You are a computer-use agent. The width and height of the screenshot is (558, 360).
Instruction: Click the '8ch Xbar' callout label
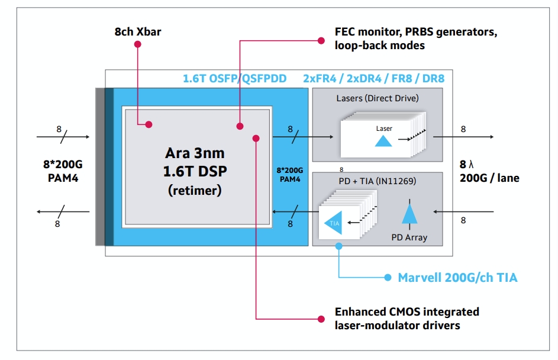coord(138,31)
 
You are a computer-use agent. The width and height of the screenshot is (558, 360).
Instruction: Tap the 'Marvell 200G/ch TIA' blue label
coord(457,277)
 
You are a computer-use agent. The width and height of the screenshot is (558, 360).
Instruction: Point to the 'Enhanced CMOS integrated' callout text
coord(407,311)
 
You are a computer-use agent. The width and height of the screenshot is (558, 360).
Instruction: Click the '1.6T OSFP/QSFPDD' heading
coord(234,78)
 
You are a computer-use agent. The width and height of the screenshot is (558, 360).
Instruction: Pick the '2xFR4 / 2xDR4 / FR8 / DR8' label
coord(373,78)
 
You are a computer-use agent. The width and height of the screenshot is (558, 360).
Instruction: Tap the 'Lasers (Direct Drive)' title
coord(377,98)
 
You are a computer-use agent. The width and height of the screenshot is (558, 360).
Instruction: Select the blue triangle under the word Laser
coord(384,140)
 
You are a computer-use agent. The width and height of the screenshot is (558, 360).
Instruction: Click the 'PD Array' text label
coord(409,238)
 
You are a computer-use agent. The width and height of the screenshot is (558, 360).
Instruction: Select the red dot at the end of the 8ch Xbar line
coord(149,124)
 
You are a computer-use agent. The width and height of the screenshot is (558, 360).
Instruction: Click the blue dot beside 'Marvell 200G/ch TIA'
coord(388,277)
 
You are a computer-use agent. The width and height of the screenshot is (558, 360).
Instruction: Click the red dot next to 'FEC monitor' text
coord(321,40)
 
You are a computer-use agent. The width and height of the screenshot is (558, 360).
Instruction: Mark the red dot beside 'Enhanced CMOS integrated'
coord(321,318)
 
